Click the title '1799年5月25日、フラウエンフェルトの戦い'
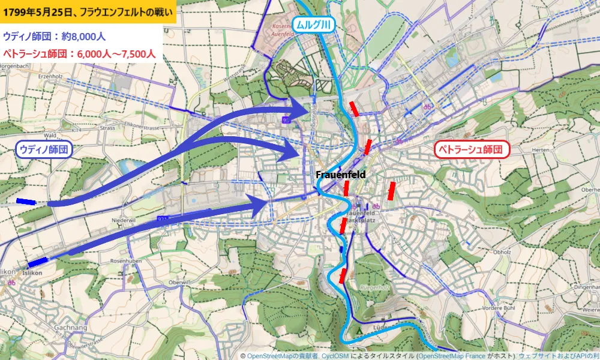88,11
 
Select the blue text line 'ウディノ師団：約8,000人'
55,36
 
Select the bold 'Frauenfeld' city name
341,174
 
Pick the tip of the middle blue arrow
298,152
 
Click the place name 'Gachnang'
65,328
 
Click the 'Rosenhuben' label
127,261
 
